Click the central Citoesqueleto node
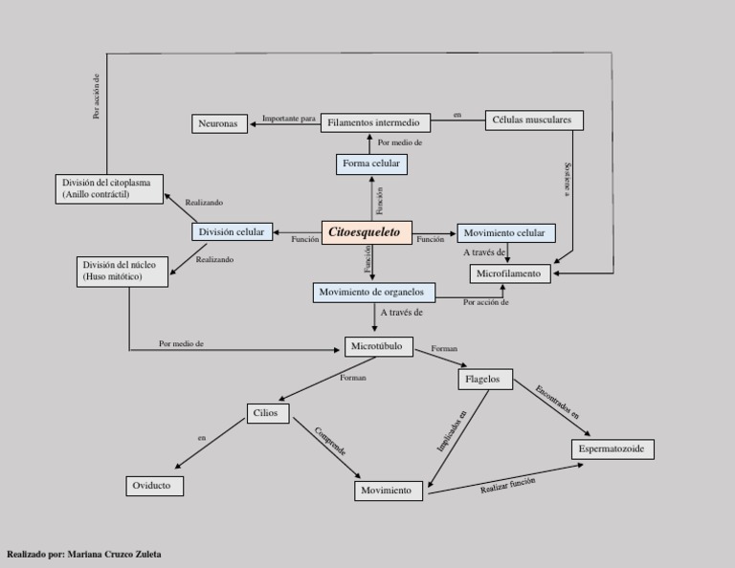[x=367, y=232]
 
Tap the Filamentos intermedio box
[x=374, y=122]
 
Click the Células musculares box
[x=535, y=120]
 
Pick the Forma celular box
[x=371, y=164]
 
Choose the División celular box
[x=232, y=232]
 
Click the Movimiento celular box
[x=504, y=233]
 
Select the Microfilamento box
[x=511, y=273]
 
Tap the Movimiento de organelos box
[x=374, y=293]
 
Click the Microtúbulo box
[x=378, y=346]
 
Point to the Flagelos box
[x=483, y=379]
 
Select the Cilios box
[x=266, y=413]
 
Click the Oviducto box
[x=153, y=486]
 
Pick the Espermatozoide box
[x=612, y=448]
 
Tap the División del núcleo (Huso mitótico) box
[x=122, y=271]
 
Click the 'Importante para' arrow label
[x=289, y=119]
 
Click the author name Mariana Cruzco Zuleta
[x=115, y=554]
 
